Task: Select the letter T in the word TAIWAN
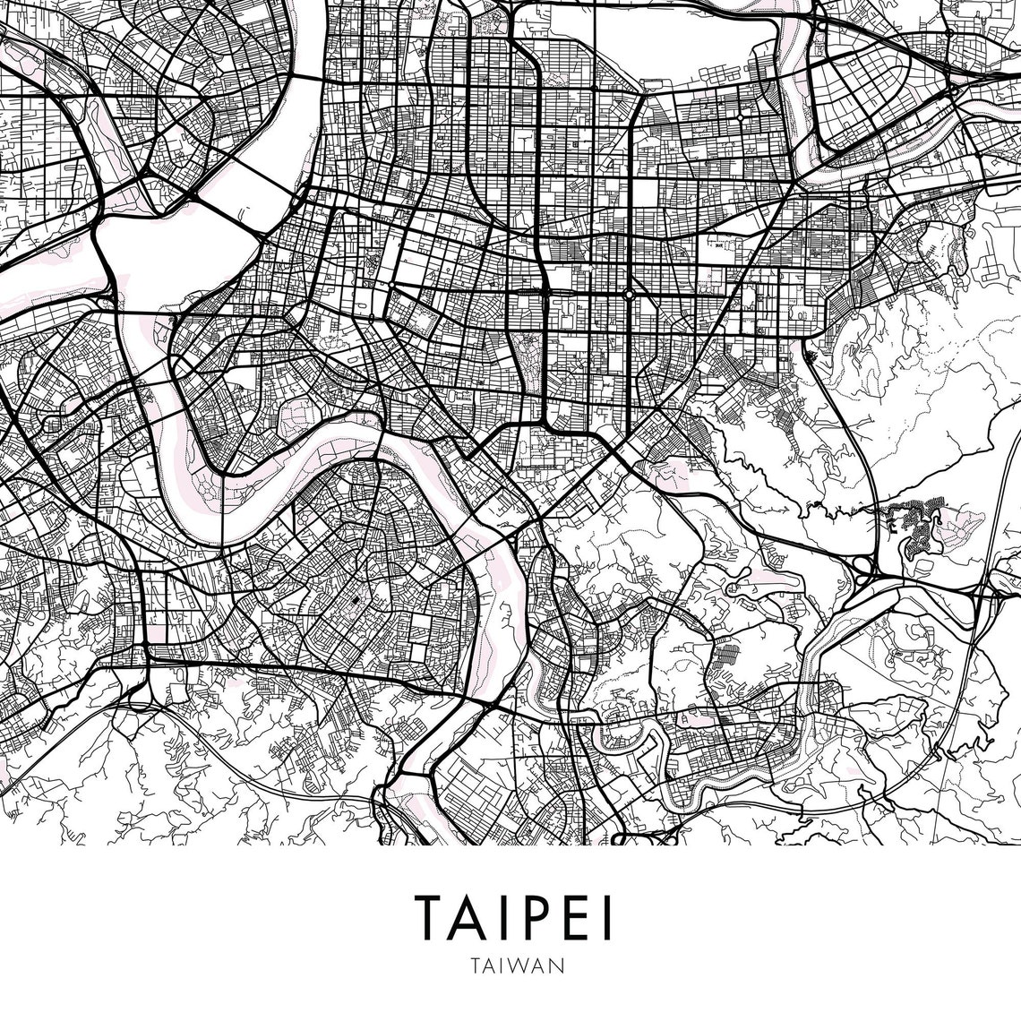tap(472, 966)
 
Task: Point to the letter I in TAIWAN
tap(499, 966)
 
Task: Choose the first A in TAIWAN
tap(485, 966)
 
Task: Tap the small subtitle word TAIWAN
tap(511, 966)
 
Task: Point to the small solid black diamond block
tap(355, 600)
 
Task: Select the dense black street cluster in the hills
tap(915, 528)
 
